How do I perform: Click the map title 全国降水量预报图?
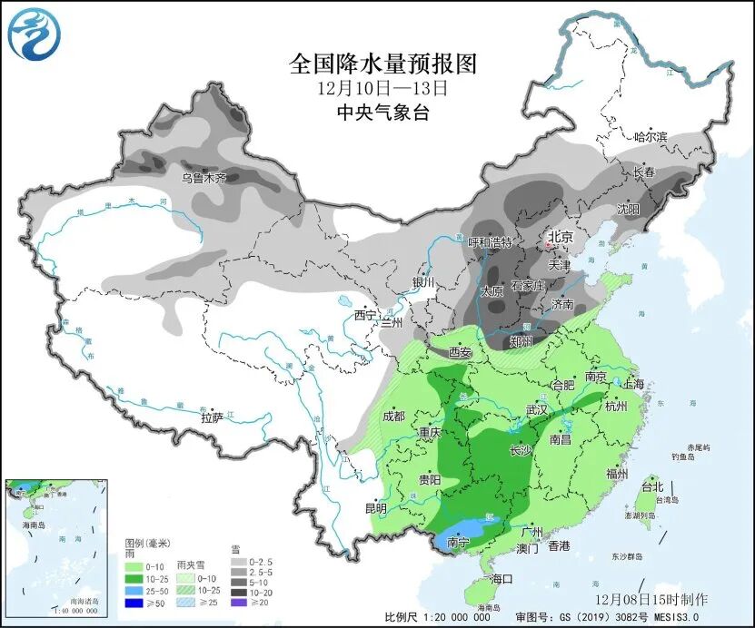click(382, 64)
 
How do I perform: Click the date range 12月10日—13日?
click(382, 89)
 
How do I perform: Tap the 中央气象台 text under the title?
click(382, 113)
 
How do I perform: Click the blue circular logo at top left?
click(31, 33)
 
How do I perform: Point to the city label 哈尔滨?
click(650, 137)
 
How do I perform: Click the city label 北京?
click(560, 238)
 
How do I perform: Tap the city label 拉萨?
click(212, 417)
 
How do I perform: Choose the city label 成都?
click(393, 417)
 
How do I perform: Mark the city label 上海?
click(632, 385)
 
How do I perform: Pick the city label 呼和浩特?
click(490, 243)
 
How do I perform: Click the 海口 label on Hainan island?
click(502, 578)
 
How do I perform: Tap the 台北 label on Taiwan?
click(652, 486)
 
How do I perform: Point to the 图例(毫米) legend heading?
click(147, 544)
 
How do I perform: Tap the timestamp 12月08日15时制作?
click(651, 600)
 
